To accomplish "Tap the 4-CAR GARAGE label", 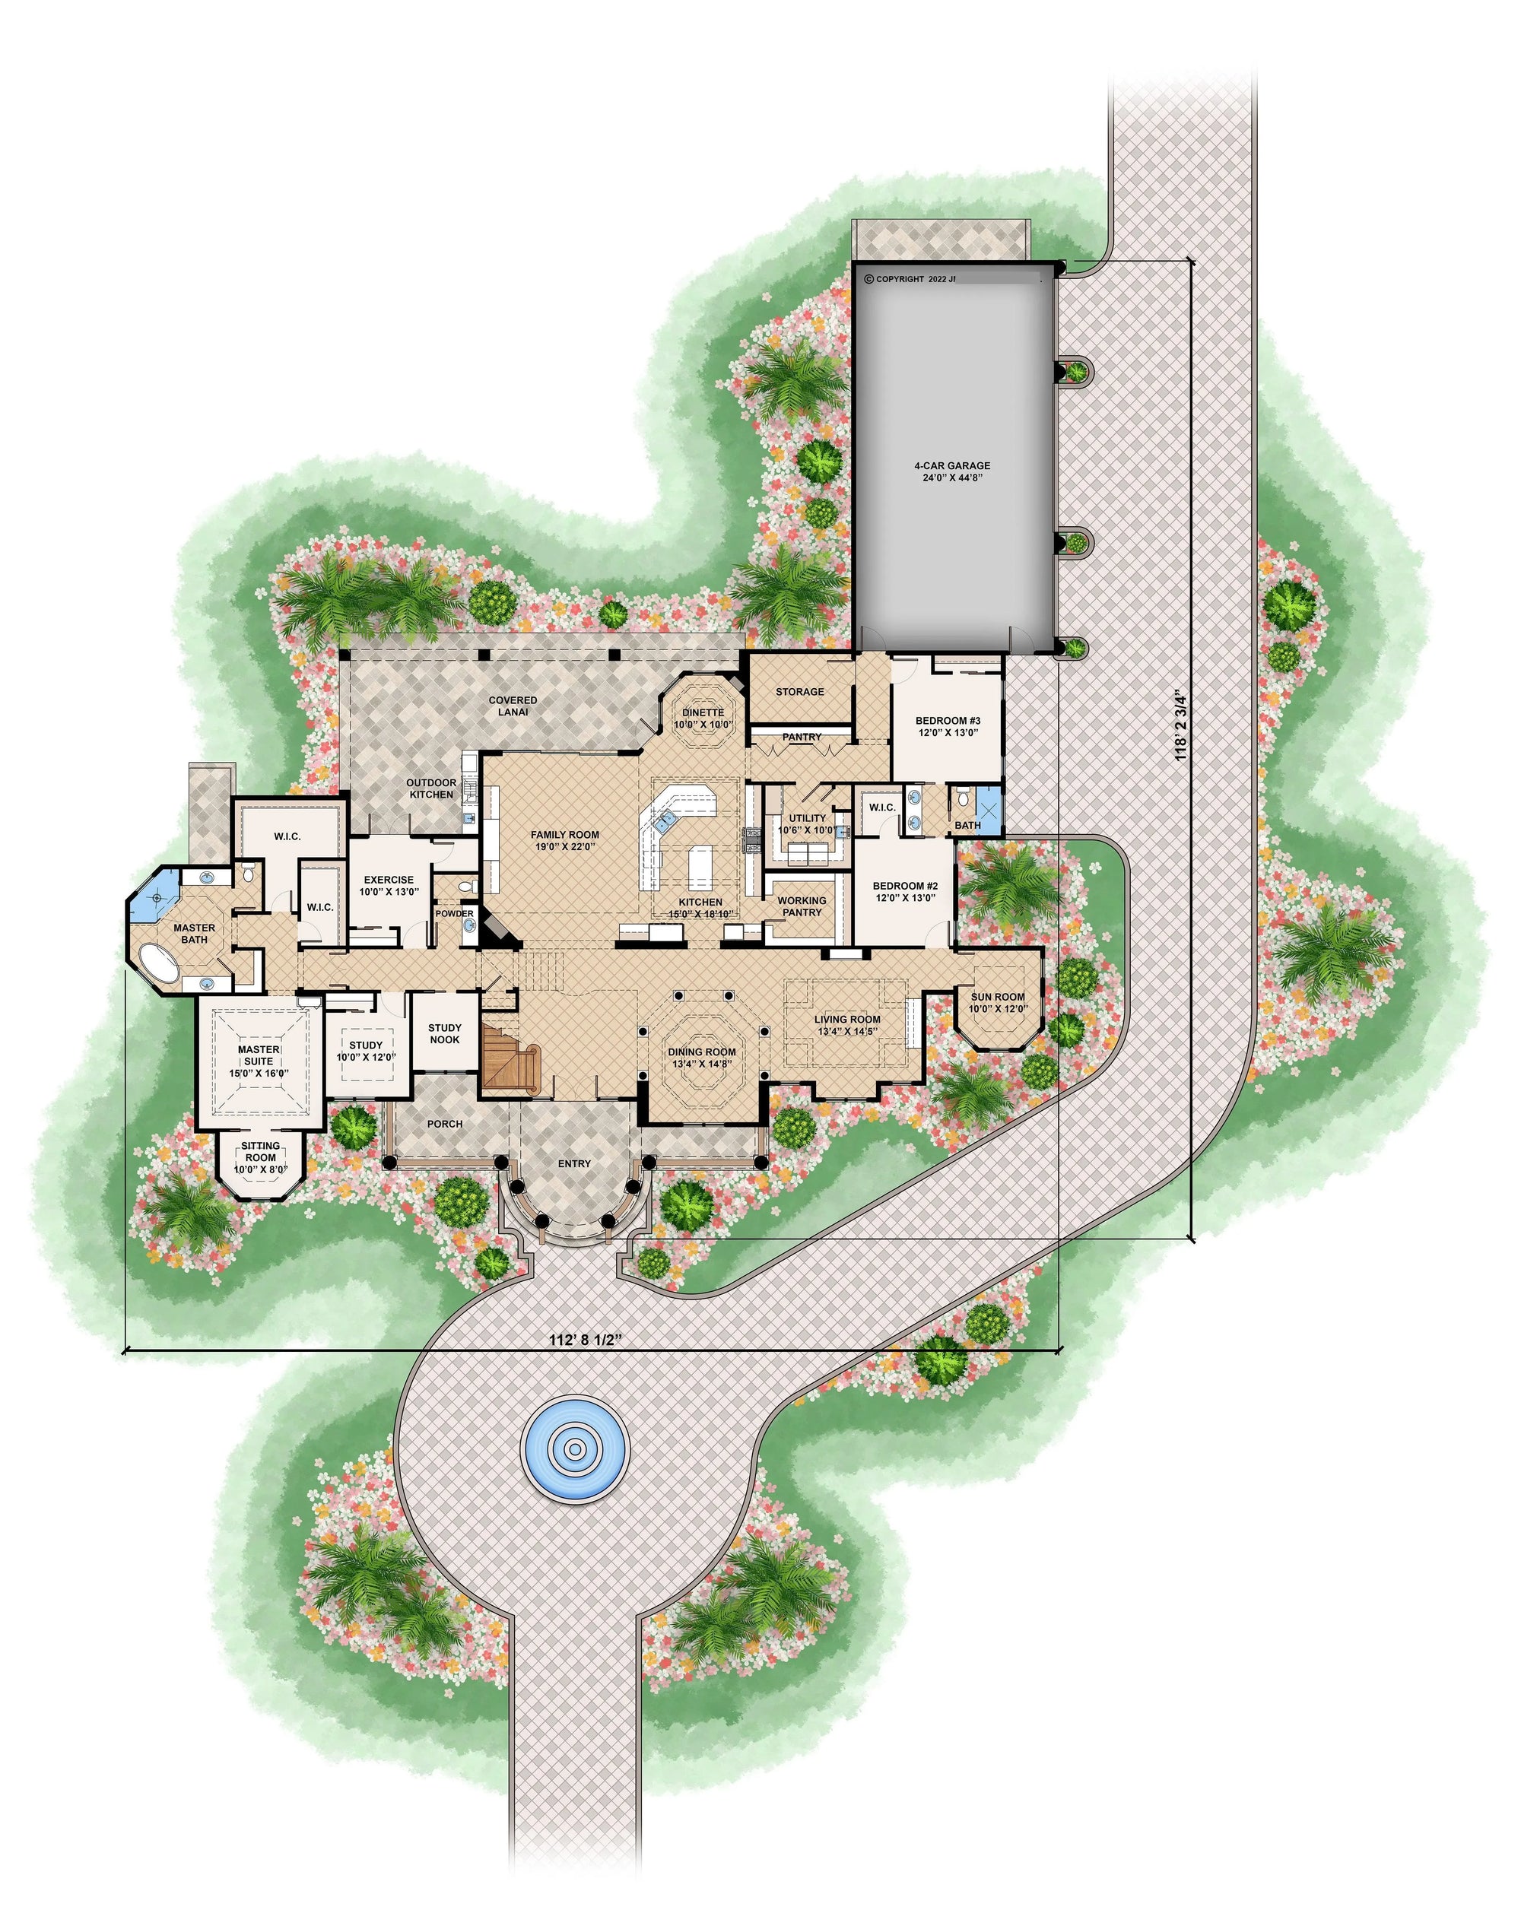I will [x=952, y=471].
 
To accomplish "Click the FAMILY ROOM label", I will [x=564, y=840].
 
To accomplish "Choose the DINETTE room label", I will [x=703, y=718].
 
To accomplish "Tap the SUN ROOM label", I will [x=998, y=1002].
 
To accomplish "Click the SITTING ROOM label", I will [x=260, y=1157].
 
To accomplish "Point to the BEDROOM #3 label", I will [x=948, y=726].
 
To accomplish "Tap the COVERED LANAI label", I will [x=513, y=705].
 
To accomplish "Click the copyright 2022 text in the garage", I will [x=910, y=278].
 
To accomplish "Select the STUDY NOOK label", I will [x=445, y=1033].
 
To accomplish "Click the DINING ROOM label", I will [x=702, y=1058].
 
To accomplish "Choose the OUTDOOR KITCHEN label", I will [x=431, y=788].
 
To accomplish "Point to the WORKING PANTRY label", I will [x=802, y=906].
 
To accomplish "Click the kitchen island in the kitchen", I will [x=700, y=866].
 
